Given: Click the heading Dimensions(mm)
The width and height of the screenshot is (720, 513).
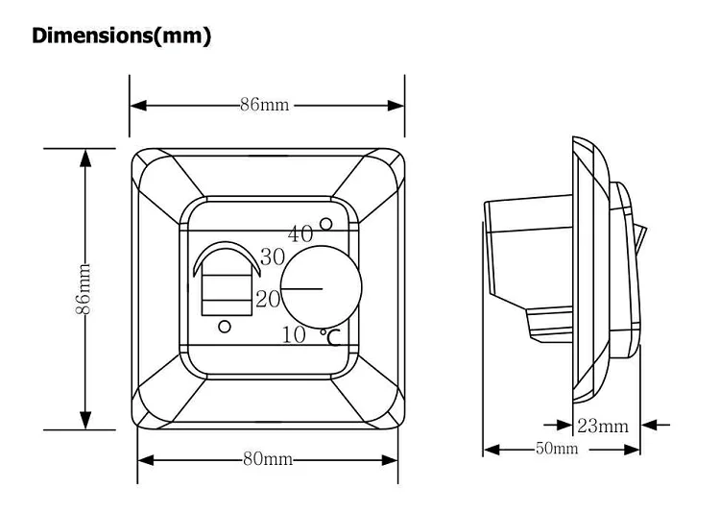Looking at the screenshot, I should pos(121,37).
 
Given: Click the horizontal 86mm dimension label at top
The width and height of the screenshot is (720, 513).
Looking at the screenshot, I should pos(264,105).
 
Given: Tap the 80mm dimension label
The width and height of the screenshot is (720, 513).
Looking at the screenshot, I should pos(267,459).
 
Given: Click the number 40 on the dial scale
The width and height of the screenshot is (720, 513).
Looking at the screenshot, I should pos(300,233).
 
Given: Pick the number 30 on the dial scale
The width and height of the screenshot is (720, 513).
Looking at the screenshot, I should pos(273,257).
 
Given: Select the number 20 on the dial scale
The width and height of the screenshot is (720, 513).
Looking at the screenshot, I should pos(268,299).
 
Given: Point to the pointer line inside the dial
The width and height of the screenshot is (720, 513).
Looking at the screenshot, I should pos(303,286).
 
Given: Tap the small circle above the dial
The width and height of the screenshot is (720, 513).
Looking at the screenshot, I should pos(326,224).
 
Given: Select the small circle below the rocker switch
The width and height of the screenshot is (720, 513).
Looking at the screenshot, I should pos(225,327).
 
